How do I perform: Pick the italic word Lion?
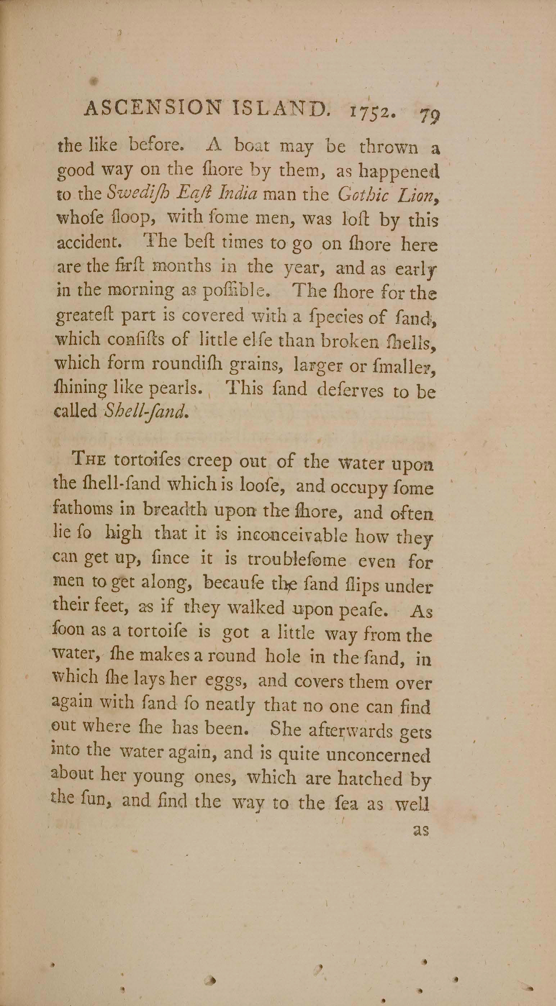click(x=419, y=195)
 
